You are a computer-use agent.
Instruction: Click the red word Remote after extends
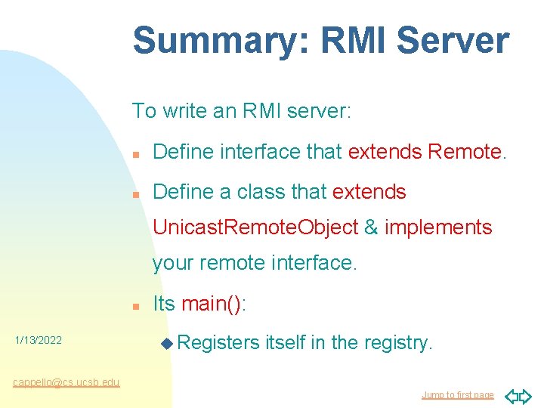pos(464,152)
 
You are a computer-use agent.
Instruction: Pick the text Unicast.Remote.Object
pos(255,227)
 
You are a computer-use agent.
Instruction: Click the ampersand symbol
pos(371,227)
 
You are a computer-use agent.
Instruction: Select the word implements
pos(438,227)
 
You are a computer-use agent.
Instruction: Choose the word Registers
pos(219,343)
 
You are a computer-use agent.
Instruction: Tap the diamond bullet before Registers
pos(167,344)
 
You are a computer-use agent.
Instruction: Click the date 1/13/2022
pos(38,341)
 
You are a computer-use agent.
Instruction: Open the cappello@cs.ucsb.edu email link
pos(66,382)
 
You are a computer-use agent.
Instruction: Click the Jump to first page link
pos(457,395)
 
